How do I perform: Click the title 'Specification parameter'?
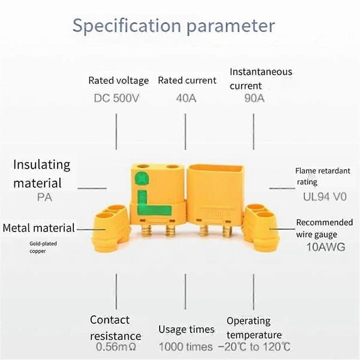tap(173, 26)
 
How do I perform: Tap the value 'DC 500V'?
tap(116, 98)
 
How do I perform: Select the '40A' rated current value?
tap(186, 98)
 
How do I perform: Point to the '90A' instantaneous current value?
tap(254, 98)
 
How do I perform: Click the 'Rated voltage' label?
tap(118, 80)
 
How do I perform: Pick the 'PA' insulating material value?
tap(44, 197)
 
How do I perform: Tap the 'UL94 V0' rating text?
tap(325, 197)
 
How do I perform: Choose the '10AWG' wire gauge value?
tap(326, 247)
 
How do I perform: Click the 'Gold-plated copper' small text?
tap(43, 247)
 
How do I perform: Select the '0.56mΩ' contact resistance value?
tap(116, 347)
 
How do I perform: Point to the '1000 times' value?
tap(186, 347)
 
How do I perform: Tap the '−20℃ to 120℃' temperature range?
tap(254, 347)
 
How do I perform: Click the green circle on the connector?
tap(142, 178)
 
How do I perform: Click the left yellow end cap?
tap(111, 229)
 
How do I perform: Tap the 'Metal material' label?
tap(38, 228)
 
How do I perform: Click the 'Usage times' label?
tap(187, 329)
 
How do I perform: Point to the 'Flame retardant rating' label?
tap(323, 176)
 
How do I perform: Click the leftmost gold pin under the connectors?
tap(146, 231)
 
